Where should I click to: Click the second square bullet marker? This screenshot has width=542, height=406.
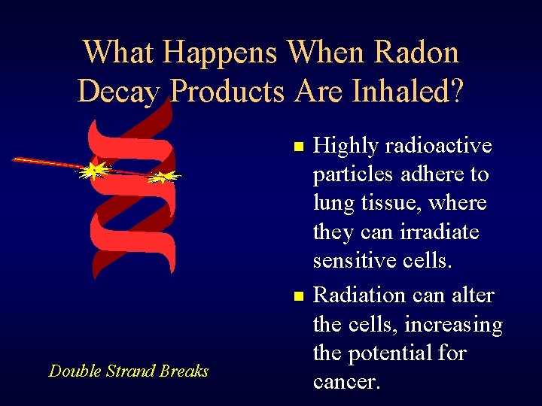[299, 298]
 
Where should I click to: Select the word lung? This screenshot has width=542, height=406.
[334, 204]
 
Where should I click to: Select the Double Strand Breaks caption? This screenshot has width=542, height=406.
[128, 371]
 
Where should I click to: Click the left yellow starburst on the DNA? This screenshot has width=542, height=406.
[93, 172]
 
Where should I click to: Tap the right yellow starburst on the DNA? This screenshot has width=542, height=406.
[161, 178]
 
